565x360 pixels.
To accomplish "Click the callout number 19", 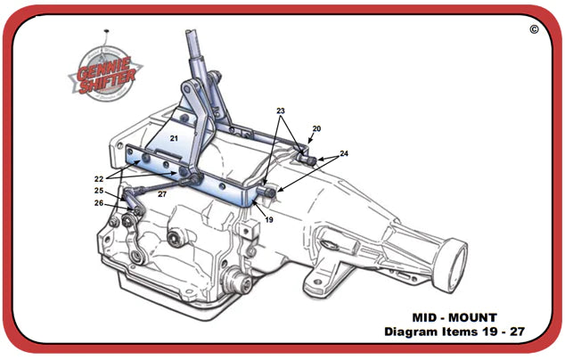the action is point(269,219).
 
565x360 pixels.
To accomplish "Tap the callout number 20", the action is point(316,128).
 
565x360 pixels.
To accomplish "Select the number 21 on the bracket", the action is point(174,138).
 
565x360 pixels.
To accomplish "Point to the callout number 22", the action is point(99,179).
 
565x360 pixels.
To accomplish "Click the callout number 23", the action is point(281,110).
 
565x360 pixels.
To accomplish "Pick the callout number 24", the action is point(344,153).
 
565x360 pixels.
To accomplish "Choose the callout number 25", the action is point(99,191).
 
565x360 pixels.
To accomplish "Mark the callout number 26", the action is point(99,203).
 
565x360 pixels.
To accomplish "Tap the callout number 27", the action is point(162,194).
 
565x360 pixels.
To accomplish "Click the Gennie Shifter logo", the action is point(105,73).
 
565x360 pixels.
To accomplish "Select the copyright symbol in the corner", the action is point(534,29).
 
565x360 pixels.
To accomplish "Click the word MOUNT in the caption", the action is point(472,317).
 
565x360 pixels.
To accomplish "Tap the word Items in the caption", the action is point(455,331).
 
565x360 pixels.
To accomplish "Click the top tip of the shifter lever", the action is point(191,31).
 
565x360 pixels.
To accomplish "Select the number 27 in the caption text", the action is point(517,331).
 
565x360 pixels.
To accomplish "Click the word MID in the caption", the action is point(425,317).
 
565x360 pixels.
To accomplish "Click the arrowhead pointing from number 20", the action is point(309,142).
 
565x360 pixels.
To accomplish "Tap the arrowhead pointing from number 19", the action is point(255,203).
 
